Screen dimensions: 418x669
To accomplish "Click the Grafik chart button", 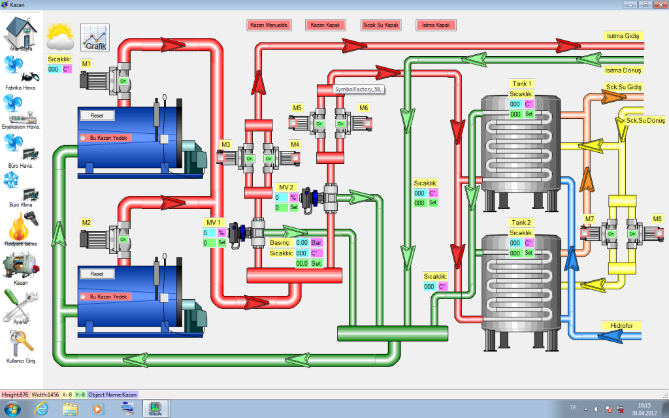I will tap(95, 38).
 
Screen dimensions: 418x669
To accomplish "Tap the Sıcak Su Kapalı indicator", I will tap(381, 25).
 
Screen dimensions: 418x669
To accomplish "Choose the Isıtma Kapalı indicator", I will tap(436, 25).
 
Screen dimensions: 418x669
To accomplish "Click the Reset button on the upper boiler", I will tap(97, 116).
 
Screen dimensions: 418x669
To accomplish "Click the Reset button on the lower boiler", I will tap(97, 274).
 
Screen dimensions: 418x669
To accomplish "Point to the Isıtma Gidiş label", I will tap(623, 36).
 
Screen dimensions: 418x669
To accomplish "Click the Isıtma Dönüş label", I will tap(623, 70).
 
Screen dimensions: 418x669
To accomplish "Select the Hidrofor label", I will tap(621, 325).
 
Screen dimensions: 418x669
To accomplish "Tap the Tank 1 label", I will tap(522, 84).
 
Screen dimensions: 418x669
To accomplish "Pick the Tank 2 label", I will tap(522, 223).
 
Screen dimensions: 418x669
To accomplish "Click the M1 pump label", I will tap(86, 63).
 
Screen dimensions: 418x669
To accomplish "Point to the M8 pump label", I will tap(657, 218).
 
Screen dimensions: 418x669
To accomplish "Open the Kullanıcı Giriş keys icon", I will tap(21, 344).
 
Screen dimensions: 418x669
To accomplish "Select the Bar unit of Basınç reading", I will tap(316, 243).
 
